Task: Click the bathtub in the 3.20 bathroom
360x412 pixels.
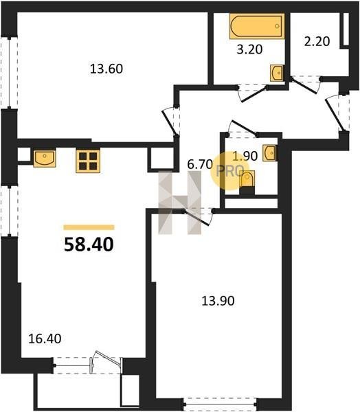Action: click(x=257, y=26)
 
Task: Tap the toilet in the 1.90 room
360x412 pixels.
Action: click(x=247, y=183)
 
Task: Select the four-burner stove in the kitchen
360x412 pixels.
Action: click(x=88, y=161)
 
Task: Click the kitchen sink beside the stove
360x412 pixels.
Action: click(x=45, y=158)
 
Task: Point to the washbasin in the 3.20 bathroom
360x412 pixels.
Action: click(x=277, y=73)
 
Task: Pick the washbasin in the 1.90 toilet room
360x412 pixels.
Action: click(x=269, y=152)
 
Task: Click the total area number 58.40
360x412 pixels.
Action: click(x=89, y=244)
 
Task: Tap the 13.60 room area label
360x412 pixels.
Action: click(x=106, y=69)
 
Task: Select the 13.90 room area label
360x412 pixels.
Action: click(x=218, y=301)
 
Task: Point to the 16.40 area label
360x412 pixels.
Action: click(x=45, y=339)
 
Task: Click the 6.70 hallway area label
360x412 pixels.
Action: click(x=200, y=165)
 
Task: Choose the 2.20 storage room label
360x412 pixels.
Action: click(x=317, y=41)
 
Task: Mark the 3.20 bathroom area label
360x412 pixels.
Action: click(x=249, y=49)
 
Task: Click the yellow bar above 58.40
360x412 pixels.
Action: click(x=89, y=227)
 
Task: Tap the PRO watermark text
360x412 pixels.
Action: click(x=229, y=171)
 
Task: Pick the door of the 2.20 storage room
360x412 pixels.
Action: click(x=305, y=84)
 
